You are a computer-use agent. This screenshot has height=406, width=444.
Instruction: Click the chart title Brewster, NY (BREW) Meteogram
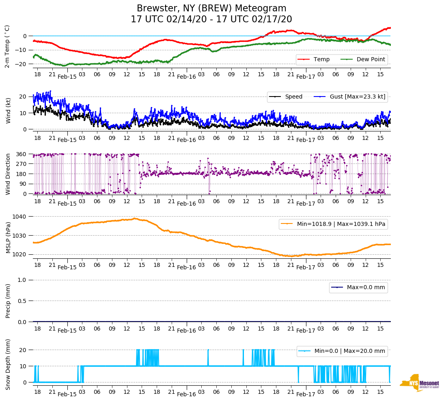211,9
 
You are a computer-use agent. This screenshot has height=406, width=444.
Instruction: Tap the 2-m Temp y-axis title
7,46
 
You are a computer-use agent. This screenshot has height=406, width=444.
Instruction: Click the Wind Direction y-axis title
8,174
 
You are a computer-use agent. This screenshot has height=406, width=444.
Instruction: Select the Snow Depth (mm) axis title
8,364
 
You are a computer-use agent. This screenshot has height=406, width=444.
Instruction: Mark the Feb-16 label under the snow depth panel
186,394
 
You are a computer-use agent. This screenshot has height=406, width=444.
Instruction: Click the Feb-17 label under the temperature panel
306,77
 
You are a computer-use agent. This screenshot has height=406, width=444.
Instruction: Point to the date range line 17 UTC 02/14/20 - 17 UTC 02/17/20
211,19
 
